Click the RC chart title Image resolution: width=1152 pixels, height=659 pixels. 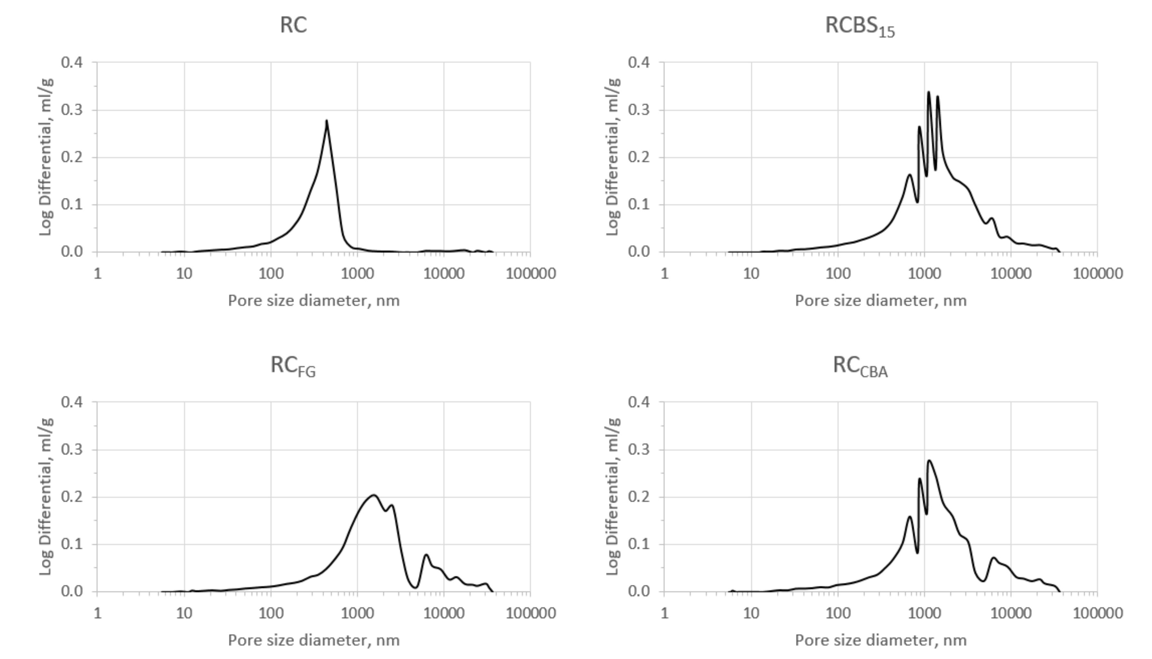coord(293,25)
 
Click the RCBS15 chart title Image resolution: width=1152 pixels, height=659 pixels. coord(859,26)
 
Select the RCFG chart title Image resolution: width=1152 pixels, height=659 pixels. coord(293,366)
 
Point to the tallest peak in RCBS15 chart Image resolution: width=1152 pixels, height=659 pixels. coord(929,92)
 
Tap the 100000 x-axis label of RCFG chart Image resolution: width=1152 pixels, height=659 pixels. coord(531,613)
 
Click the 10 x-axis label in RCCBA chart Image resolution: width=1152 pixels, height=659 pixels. coord(751,613)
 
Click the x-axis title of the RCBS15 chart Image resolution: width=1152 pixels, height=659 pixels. coord(880,300)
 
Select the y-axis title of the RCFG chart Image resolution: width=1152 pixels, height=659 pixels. coord(46,496)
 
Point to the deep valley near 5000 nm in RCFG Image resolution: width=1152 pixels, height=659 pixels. coord(415,587)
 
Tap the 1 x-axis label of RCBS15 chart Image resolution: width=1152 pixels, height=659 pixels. coord(664,273)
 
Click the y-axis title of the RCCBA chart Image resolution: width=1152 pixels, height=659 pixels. coord(612,496)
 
